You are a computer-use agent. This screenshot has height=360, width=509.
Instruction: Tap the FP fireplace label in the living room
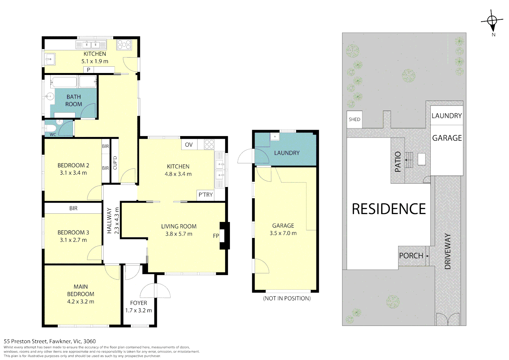216,236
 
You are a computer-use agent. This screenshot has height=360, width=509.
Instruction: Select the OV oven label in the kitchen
189,145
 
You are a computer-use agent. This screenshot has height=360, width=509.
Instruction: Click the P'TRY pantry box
206,195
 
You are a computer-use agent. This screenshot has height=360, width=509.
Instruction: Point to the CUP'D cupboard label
115,163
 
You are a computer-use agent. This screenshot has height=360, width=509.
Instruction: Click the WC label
53,134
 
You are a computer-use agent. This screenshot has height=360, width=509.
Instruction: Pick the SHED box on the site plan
354,119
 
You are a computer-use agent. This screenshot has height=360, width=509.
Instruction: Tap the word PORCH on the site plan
411,256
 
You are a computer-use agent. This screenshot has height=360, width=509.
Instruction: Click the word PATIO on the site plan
398,162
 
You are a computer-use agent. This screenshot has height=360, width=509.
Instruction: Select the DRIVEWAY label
447,251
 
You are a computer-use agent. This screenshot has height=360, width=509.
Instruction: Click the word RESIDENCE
389,209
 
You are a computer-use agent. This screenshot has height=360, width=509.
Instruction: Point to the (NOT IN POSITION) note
287,298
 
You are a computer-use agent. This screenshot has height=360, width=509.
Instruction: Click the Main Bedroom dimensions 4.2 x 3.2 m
81,302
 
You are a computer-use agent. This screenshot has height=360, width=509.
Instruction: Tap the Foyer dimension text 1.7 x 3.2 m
139,310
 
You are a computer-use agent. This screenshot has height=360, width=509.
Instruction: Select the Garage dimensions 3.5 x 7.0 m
283,233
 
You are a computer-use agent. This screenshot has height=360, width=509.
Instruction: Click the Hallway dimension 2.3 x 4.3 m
117,221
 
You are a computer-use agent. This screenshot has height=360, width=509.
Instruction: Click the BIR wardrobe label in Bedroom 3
73,208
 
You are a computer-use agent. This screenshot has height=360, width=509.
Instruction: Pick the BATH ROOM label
74,101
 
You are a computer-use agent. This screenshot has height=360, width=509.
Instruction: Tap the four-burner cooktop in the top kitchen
124,45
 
